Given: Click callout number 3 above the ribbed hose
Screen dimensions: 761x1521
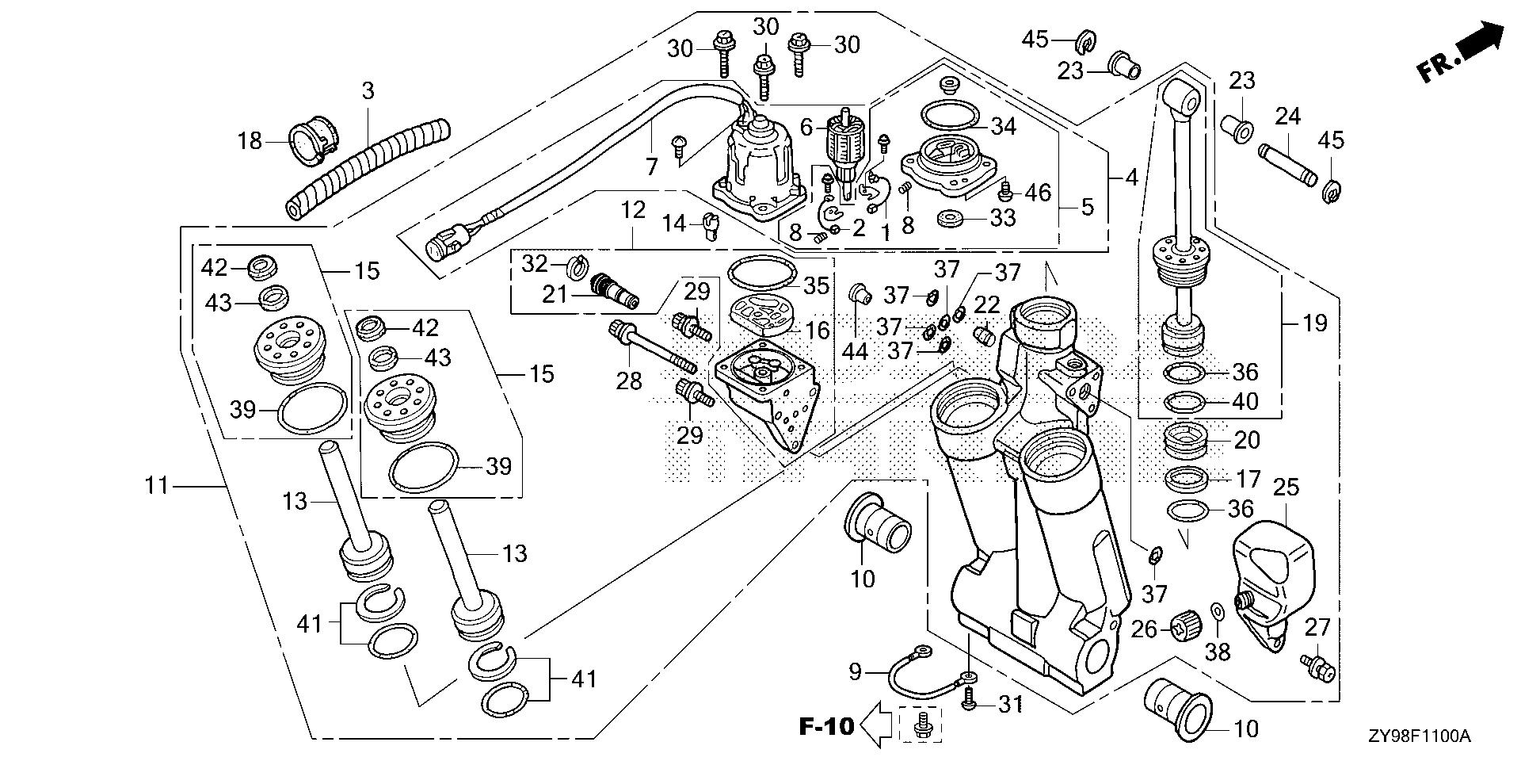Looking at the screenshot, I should click(x=367, y=90).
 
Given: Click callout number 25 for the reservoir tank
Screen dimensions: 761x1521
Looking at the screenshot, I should click(x=1286, y=487).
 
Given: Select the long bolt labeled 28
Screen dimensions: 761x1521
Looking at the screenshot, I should click(x=653, y=349).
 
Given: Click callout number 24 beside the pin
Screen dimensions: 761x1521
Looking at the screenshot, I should click(x=1288, y=117).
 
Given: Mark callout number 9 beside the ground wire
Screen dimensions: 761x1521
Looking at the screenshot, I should click(x=855, y=673).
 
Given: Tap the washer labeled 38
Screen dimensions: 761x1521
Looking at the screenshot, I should click(x=1218, y=612).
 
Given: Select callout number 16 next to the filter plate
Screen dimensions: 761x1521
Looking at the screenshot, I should click(x=817, y=330).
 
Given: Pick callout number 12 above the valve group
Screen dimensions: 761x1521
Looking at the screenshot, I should click(x=634, y=212).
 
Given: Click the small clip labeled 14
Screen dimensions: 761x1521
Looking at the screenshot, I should click(x=711, y=227).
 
